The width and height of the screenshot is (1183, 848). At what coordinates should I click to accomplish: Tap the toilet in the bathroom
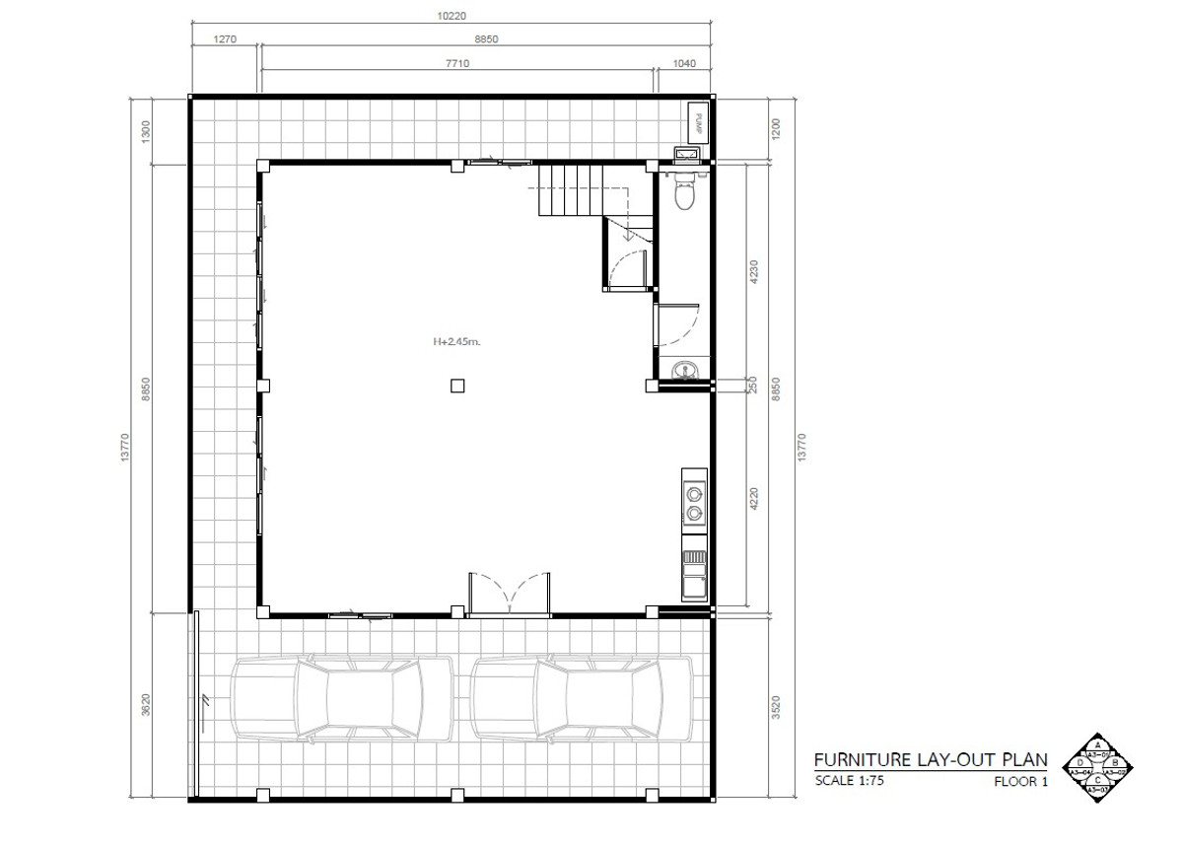pos(684,194)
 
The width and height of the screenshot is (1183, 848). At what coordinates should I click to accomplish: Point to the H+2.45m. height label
pos(455,342)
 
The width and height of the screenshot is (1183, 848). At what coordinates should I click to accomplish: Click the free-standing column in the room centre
pos(457,386)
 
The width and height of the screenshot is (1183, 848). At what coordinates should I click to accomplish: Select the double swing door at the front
pos(511,594)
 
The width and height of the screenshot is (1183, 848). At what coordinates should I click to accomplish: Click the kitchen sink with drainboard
pos(694,573)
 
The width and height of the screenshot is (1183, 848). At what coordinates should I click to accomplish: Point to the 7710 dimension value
pos(457,63)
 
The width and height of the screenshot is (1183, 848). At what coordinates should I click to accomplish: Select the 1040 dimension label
pos(683,63)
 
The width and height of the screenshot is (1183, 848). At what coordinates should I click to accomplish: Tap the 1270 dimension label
pos(226,39)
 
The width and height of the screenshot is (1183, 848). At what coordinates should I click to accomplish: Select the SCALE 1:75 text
pos(851,782)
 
